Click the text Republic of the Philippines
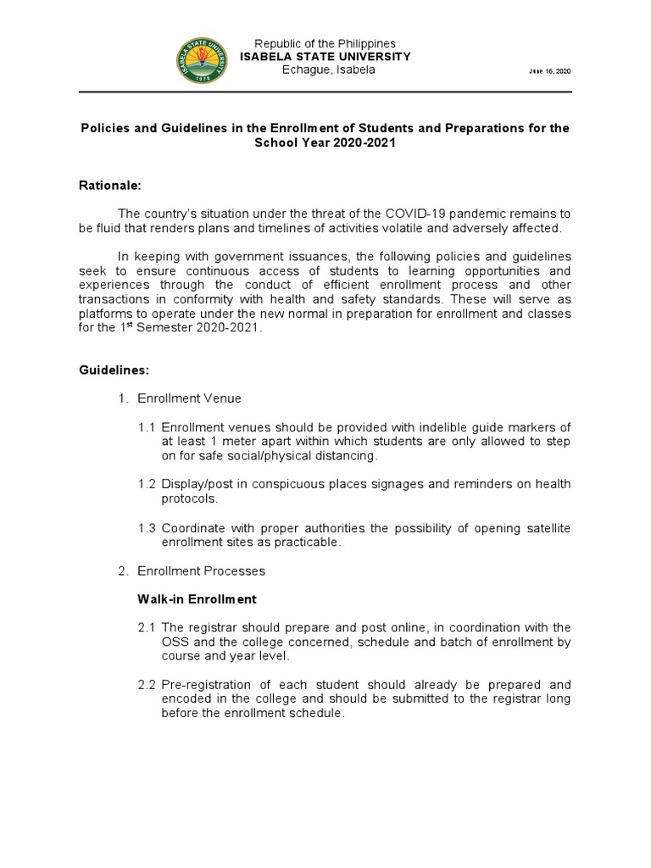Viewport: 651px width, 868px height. [x=325, y=44]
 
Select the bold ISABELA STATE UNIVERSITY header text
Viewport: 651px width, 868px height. [x=325, y=57]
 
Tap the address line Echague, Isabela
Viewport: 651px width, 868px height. [x=328, y=70]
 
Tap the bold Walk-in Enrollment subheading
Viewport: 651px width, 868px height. [x=197, y=599]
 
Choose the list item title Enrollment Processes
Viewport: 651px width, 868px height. [x=213, y=570]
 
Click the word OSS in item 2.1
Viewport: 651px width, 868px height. [x=175, y=642]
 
